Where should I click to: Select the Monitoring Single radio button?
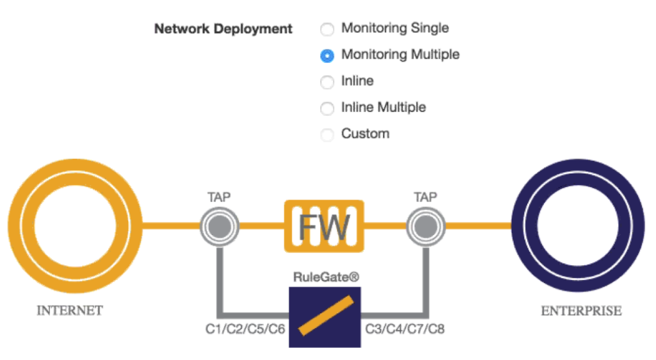pos(327,29)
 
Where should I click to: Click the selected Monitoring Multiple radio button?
pos(327,56)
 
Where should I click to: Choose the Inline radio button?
pos(327,82)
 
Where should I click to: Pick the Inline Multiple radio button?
pos(327,108)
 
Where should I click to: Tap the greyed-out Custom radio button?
pos(327,135)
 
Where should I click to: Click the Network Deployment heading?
pos(223,29)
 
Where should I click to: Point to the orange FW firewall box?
pos(324,225)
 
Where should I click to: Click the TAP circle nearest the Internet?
pos(220,225)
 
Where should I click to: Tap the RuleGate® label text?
pos(324,277)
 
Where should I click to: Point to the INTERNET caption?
pos(70,311)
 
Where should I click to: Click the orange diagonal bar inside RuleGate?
pos(325,316)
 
